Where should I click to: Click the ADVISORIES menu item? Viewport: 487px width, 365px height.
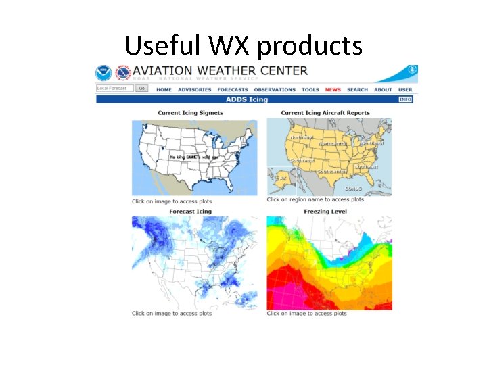[x=194, y=89]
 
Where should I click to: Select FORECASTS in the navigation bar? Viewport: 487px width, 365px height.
[x=233, y=89]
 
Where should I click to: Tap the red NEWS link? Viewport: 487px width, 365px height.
[x=333, y=89]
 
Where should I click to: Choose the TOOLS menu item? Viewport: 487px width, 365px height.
[x=310, y=89]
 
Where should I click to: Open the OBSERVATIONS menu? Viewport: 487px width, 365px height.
[x=275, y=89]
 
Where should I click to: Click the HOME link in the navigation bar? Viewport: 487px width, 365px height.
[x=164, y=89]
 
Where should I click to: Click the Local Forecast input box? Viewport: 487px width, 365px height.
[x=115, y=88]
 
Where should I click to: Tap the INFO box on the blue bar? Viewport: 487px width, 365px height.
[x=405, y=99]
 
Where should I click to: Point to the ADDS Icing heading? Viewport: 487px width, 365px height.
[x=249, y=99]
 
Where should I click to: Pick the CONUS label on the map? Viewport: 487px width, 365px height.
[x=353, y=189]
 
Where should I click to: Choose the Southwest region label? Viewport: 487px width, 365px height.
[x=302, y=160]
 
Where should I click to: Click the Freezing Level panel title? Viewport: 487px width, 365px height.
[x=325, y=212]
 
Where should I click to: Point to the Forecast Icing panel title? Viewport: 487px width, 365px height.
[x=190, y=212]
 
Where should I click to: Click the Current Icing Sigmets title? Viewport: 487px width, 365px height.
[x=190, y=113]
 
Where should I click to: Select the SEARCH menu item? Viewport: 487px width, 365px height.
[x=357, y=89]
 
